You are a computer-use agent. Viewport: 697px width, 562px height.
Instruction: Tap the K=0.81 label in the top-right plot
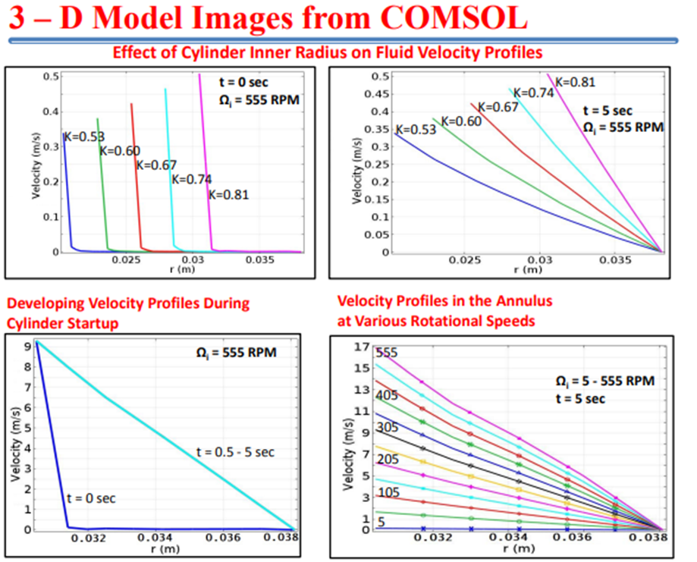tap(575, 81)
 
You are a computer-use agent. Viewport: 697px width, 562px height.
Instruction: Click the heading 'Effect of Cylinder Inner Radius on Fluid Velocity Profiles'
tap(328, 53)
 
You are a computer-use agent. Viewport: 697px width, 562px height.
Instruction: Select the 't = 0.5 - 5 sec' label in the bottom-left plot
tap(234, 453)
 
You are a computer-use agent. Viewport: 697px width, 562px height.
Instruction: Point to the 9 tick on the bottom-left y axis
tap(27, 345)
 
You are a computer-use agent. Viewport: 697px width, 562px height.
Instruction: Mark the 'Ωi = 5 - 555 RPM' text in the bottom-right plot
tap(604, 381)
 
